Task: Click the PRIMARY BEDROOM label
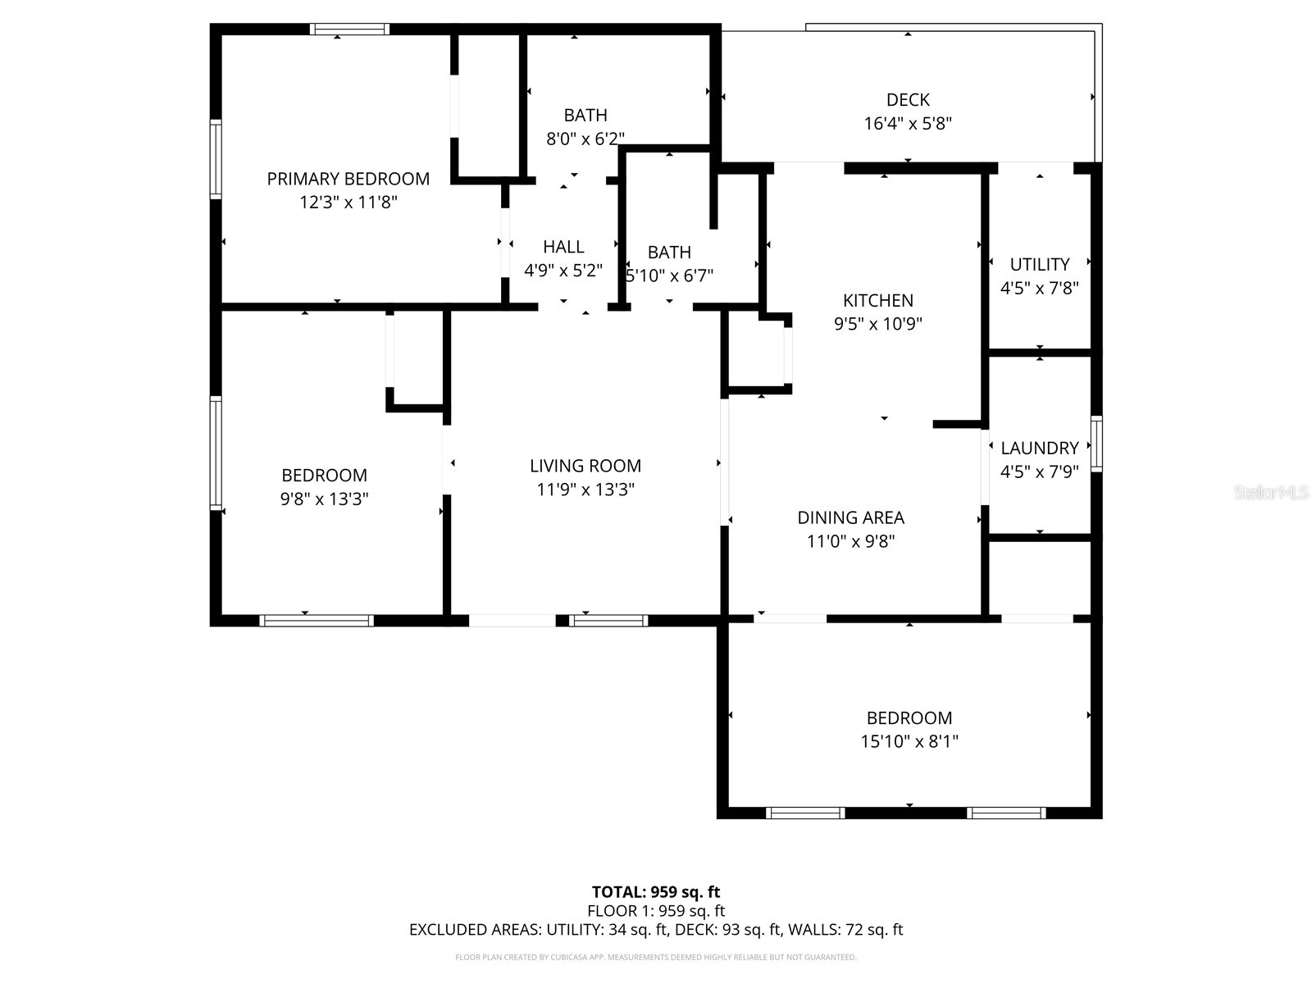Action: pos(348,179)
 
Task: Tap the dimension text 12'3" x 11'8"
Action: pos(348,203)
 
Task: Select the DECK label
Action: pos(908,100)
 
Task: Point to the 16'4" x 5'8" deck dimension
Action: pos(908,124)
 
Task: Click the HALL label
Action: pos(563,247)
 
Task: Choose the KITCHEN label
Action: pos(878,301)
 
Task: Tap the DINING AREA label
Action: pos(850,518)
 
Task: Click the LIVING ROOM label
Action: pos(585,466)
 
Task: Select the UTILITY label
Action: pos(1039,265)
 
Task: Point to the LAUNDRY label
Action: pos(1039,449)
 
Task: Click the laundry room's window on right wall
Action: pos(1096,444)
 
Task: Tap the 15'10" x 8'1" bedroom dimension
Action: pos(909,742)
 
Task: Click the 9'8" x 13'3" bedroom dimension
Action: pos(324,499)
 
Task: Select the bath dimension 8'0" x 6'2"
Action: pos(585,139)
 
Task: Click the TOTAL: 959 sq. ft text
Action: pos(656,892)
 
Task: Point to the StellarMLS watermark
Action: pos(1270,493)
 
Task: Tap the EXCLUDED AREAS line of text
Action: pos(656,930)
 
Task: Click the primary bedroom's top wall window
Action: pos(349,30)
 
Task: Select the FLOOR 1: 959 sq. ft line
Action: pos(656,911)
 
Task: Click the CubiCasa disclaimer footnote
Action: pos(656,957)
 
